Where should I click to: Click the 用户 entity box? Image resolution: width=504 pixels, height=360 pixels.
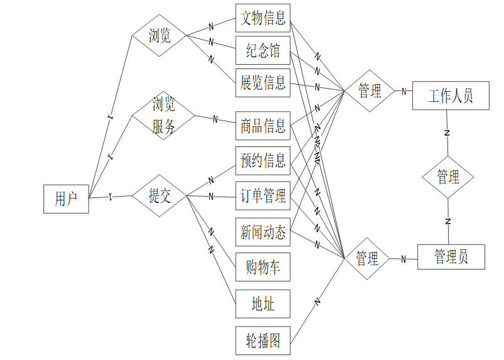tap(66, 199)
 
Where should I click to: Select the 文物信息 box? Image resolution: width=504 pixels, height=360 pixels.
tap(263, 18)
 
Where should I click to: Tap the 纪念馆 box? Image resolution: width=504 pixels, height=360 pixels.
tap(263, 50)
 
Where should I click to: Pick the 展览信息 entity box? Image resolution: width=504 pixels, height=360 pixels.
tap(263, 82)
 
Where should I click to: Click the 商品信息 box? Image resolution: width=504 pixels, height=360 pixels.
tap(263, 126)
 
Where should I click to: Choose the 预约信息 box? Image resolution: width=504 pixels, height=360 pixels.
tap(263, 161)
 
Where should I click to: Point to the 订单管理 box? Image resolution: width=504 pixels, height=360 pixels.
tap(263, 197)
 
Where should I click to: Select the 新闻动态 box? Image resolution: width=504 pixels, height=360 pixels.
tap(263, 232)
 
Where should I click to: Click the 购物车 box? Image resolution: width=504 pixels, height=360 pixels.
tap(263, 268)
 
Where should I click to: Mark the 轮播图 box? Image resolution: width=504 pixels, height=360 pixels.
tap(263, 341)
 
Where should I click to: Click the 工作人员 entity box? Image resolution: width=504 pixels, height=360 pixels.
tap(450, 96)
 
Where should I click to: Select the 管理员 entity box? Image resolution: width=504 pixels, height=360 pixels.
tap(451, 257)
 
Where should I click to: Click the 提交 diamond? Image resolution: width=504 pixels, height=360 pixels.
tap(160, 196)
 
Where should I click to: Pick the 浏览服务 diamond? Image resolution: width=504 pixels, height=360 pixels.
tap(163, 116)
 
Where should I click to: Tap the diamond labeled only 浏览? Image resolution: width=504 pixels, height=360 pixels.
tap(160, 35)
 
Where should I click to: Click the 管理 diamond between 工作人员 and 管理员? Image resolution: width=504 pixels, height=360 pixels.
tap(447, 177)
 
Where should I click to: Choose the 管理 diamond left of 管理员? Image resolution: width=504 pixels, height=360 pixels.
tap(367, 258)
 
